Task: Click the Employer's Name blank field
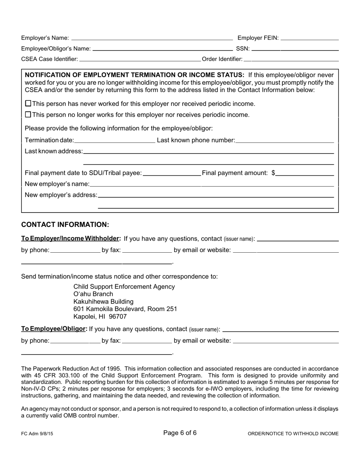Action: pyautogui.click(x=152, y=38)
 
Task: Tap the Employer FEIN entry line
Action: pyautogui.click(x=310, y=38)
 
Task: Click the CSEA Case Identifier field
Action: pyautogui.click(x=140, y=59)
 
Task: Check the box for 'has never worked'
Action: pyautogui.click(x=28, y=103)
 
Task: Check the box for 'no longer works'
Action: pyautogui.click(x=28, y=114)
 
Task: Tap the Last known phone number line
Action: pyautogui.click(x=284, y=140)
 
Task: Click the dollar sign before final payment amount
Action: pyautogui.click(x=273, y=173)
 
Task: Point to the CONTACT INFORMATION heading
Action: pyautogui.click(x=65, y=225)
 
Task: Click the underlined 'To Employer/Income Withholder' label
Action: pyautogui.click(x=71, y=239)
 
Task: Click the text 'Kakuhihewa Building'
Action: pyautogui.click(x=103, y=302)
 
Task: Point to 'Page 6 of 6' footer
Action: pyautogui.click(x=180, y=433)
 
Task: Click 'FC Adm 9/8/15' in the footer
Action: pyautogui.click(x=37, y=434)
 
